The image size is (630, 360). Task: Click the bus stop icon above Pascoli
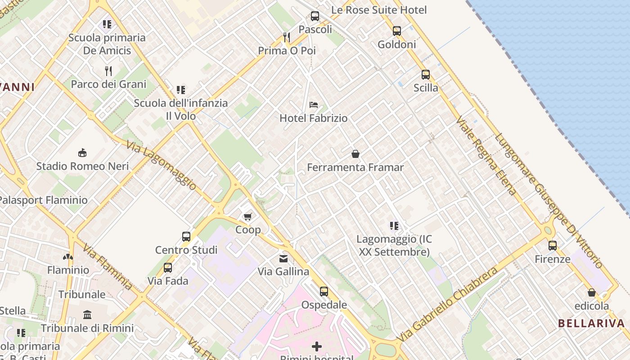coord(315,16)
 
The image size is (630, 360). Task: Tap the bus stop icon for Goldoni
coord(396,31)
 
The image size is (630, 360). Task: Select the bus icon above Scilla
coord(425,75)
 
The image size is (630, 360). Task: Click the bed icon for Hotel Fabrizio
coord(314,105)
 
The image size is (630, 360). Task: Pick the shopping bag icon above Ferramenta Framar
coord(355,154)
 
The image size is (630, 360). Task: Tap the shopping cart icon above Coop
coord(247,217)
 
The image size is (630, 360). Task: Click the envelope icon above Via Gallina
coord(283,258)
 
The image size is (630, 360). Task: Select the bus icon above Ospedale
coord(324,292)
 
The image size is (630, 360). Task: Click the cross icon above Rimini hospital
coord(317,346)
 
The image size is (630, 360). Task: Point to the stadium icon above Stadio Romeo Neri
coord(82,153)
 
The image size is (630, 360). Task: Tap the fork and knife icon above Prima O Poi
coord(286,37)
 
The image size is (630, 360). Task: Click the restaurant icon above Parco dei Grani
coord(108,71)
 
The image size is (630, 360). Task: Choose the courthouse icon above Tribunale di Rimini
coord(87,315)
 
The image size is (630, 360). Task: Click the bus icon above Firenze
coord(553,246)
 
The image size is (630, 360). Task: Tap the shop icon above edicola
coord(591,292)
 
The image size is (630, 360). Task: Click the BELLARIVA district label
coord(591,323)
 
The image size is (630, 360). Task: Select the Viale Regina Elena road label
coord(486,156)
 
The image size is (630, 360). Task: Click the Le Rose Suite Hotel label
coord(379,10)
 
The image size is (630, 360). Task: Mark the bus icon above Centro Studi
coord(186,237)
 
